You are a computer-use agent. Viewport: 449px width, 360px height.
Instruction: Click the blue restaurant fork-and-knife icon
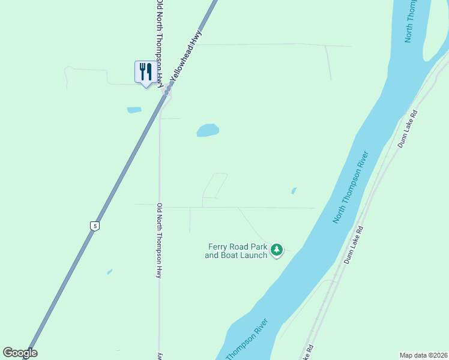145,73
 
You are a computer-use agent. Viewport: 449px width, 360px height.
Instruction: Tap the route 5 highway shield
94,226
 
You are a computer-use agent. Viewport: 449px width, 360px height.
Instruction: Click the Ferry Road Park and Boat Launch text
237,251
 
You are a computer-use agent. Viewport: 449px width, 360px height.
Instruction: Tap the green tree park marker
277,249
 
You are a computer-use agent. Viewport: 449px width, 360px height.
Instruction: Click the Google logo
20,353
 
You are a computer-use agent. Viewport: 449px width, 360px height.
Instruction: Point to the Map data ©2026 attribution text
423,355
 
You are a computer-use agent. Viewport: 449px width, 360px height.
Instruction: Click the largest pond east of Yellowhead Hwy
208,130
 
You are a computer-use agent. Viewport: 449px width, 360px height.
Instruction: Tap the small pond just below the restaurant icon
134,110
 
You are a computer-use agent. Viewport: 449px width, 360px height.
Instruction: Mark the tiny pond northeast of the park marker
294,191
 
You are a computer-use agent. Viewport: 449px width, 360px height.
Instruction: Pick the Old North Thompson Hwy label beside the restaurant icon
160,42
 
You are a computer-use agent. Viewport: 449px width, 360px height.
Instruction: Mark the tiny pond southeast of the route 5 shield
109,272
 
